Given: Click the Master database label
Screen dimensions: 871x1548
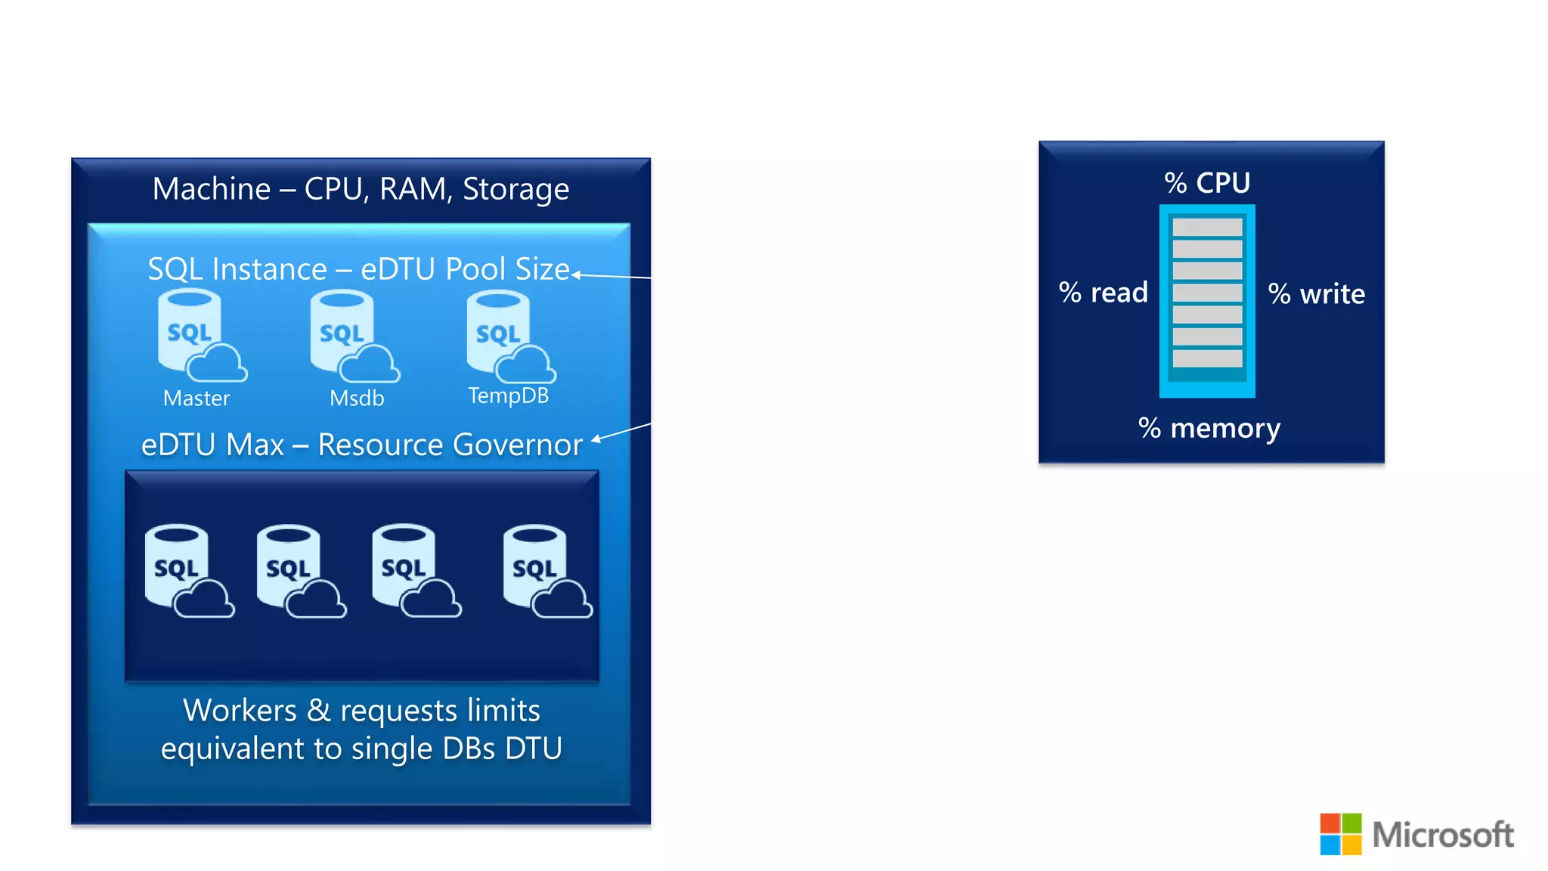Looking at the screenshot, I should pos(196,398).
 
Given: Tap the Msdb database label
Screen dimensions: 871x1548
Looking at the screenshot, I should pos(357,398).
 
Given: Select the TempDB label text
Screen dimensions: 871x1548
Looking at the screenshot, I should pos(508,395).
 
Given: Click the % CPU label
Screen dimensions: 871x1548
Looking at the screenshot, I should pos(1207,183).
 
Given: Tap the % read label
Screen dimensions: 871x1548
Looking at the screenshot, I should pos(1103,293).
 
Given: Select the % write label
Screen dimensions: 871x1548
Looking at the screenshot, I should pos(1316,294).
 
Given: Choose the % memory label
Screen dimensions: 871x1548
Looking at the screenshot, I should pos(1209,429).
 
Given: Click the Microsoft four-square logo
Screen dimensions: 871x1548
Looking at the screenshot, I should pos(1340,834).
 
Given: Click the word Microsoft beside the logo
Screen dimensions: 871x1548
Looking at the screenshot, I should pos(1442,835).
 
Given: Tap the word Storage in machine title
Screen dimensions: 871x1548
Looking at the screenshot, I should pos(515,189).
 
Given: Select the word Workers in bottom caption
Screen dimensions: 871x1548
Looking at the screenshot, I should pos(240,711).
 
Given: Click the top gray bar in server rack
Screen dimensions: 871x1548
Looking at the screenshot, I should pos(1207,227).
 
